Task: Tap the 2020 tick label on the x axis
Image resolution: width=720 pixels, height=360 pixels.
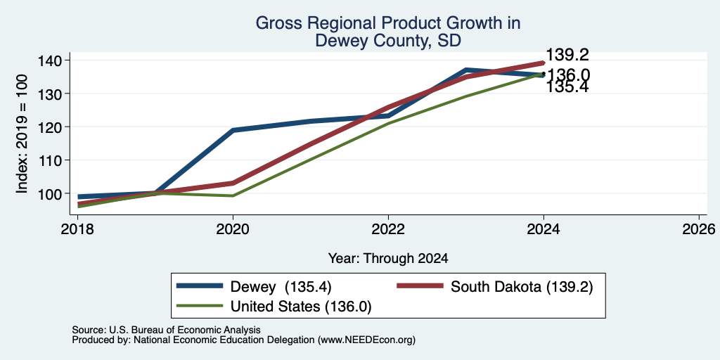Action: pos(233,229)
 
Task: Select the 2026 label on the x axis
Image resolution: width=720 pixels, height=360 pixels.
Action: pos(699,229)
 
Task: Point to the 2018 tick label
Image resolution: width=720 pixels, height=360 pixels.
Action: pos(77,229)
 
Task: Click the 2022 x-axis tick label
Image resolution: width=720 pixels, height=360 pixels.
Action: pos(388,229)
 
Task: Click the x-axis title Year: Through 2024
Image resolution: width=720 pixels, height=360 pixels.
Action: pos(388,259)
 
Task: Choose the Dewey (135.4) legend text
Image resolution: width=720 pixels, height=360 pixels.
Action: pos(281,287)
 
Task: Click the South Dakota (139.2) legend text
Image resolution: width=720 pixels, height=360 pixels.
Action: pos(522,287)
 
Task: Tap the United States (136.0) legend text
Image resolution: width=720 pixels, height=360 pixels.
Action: pos(301,307)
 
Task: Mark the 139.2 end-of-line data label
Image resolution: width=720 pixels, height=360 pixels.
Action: pos(567,56)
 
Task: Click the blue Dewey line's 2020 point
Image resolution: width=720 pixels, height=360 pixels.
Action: pos(233,130)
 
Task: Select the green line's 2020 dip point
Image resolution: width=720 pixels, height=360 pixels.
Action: pos(233,195)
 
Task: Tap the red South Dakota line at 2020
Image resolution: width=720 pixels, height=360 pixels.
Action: pos(233,183)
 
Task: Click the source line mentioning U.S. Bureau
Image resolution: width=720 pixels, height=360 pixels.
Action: pos(166,330)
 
